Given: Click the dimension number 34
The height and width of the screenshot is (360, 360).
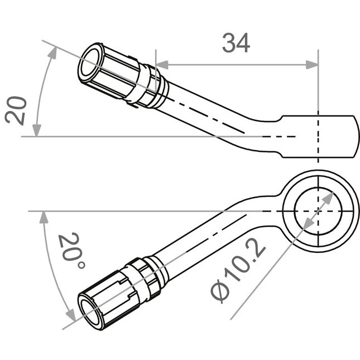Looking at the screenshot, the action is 236,43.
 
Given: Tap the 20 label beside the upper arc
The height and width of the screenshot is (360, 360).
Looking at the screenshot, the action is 16,111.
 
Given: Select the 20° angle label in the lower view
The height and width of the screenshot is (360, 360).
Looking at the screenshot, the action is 71,250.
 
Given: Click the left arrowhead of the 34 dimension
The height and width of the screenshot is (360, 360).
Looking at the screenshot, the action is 162,65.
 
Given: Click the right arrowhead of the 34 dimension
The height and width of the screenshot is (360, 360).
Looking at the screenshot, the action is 312,65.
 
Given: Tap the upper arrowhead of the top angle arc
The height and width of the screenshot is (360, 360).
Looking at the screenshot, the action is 53,52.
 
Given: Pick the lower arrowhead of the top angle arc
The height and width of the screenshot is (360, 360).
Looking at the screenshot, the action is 37,131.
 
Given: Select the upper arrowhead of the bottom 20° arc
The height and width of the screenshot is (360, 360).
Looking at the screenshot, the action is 44,217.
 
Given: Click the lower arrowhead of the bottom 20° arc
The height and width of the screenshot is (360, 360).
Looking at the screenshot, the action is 71,315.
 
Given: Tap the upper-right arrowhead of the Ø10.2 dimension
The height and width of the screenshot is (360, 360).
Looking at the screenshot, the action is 328,198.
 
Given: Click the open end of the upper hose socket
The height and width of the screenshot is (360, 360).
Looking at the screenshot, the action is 90,63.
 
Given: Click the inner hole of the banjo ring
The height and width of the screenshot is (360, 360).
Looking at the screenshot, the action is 318,211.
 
